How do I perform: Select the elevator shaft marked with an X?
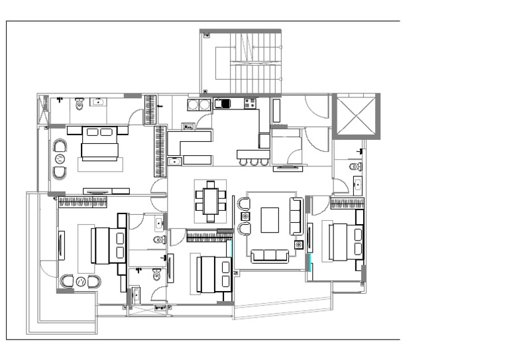click(x=356, y=116)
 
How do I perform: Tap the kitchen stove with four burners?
click(x=250, y=103)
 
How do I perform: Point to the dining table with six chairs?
click(x=211, y=201)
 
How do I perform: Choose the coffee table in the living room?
click(x=270, y=219)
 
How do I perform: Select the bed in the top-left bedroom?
click(x=99, y=144)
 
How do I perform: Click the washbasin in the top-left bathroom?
click(x=99, y=102)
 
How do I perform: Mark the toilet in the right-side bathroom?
click(x=355, y=166)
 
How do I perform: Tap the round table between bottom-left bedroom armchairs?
click(x=81, y=282)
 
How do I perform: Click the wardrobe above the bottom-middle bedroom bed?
click(x=209, y=234)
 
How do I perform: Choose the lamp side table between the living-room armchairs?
click(x=245, y=216)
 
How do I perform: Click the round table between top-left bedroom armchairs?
click(x=60, y=159)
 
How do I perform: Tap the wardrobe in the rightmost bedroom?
click(x=347, y=204)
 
